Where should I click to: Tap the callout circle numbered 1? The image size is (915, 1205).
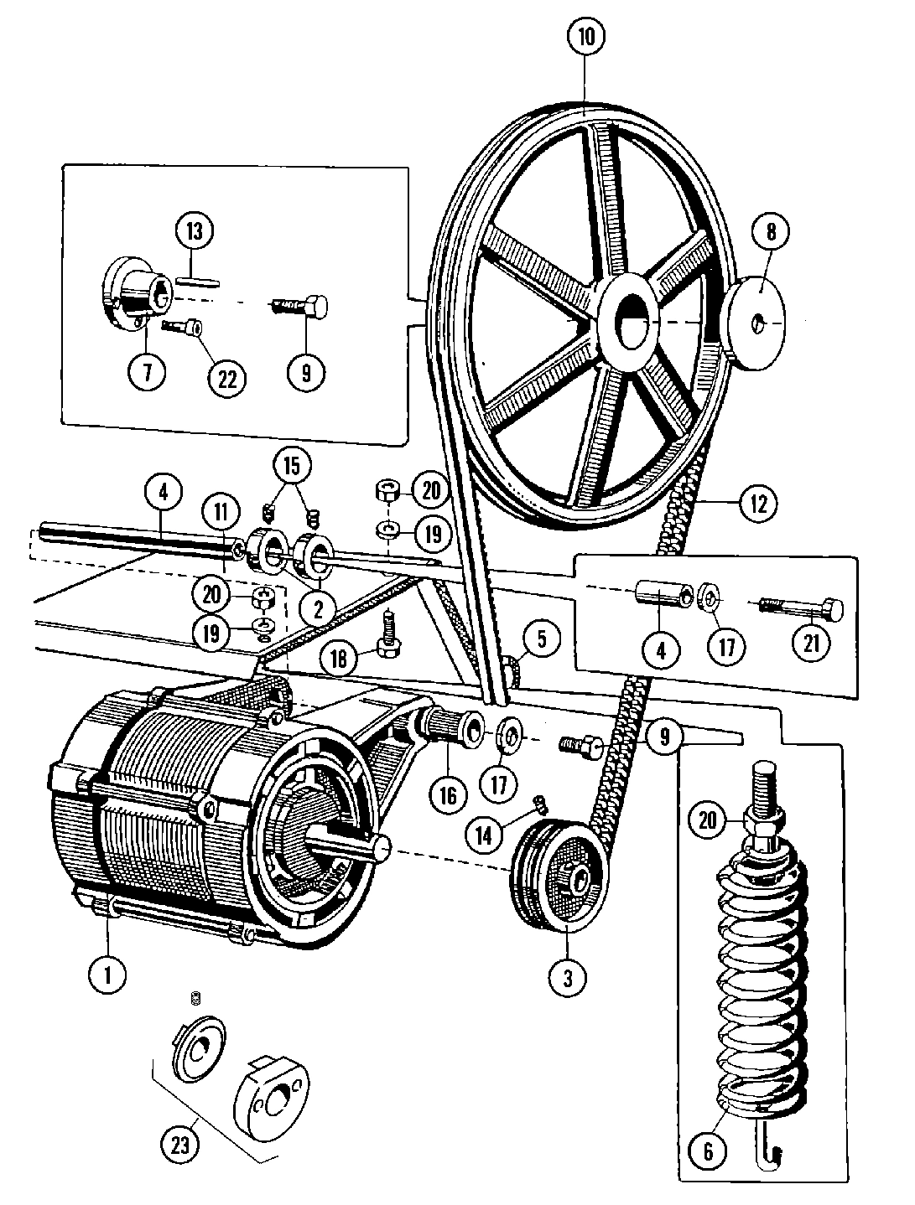(107, 975)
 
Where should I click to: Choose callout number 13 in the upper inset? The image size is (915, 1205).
(195, 230)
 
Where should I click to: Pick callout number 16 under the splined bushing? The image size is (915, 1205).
(448, 793)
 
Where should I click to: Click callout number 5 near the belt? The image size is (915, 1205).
(541, 639)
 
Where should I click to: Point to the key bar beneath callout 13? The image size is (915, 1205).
(198, 281)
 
